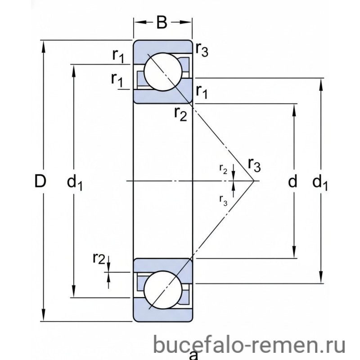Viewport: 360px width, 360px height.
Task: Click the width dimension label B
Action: point(162,22)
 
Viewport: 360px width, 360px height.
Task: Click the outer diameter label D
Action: point(40,181)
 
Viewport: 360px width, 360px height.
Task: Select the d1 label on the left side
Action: point(74,183)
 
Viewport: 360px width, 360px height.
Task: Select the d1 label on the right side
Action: point(320,183)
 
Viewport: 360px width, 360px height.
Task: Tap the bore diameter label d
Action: point(292,181)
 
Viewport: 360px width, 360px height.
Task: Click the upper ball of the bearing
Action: point(163,72)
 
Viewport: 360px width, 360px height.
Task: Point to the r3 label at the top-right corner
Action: point(202,50)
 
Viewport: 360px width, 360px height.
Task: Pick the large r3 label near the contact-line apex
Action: point(254,165)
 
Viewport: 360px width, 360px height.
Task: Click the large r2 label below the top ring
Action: point(181,114)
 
